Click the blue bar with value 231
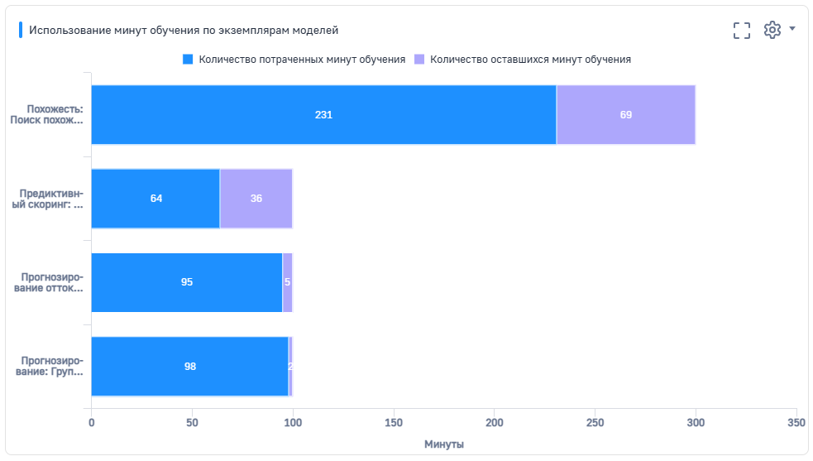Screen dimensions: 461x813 tap(323, 115)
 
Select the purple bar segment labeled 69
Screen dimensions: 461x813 tap(625, 115)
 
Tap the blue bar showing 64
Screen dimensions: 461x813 tap(155, 199)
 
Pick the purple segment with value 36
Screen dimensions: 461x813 tap(256, 199)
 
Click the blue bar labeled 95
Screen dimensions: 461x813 tap(186, 282)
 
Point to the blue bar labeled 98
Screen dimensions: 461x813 tap(189, 367)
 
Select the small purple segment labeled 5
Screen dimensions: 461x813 tap(288, 282)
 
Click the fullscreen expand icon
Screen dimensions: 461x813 tap(742, 30)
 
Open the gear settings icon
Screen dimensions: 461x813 tap(772, 30)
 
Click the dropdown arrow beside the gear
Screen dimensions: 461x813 tap(792, 29)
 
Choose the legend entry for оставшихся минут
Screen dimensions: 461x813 tap(523, 60)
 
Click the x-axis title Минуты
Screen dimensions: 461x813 tap(444, 444)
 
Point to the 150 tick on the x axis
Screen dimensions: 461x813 tap(394, 422)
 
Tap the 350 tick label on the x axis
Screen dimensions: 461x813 tap(796, 422)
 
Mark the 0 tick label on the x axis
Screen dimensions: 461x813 tap(91, 422)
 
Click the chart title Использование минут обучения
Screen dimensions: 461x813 tap(184, 30)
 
